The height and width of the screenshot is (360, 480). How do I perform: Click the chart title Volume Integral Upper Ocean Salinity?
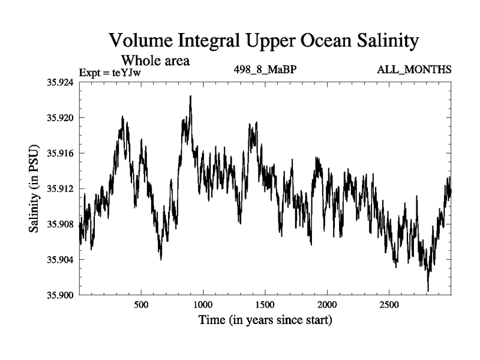point(263,41)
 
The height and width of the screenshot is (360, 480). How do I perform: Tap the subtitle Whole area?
point(156,60)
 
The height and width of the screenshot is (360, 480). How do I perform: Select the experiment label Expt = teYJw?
point(114,73)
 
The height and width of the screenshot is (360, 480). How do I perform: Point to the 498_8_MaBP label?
point(265,70)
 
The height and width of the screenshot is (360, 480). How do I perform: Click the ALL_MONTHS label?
point(413,70)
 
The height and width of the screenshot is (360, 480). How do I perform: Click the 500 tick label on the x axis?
point(141,305)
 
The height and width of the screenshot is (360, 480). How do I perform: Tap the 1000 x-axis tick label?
point(203,305)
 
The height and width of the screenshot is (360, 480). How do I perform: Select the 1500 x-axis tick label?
point(265,305)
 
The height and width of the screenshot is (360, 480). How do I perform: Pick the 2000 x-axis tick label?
point(328,305)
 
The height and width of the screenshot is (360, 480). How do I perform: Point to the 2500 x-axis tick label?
point(389,305)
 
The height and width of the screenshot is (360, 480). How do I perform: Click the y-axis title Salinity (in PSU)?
point(35,189)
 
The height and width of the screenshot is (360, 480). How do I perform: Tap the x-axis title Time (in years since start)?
point(265,320)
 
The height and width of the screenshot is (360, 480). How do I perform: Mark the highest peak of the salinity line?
point(190,96)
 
